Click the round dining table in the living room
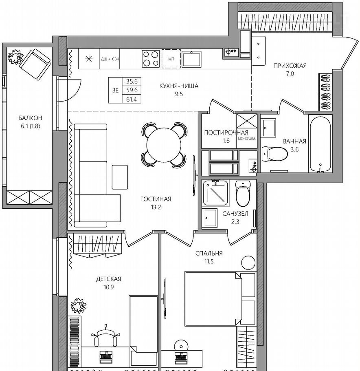pyautogui.click(x=164, y=145)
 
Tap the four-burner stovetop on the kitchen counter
pyautogui.click(x=151, y=59)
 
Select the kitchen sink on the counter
pyautogui.click(x=191, y=59)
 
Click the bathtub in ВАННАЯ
pyautogui.click(x=320, y=144)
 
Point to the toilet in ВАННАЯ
pyautogui.click(x=274, y=154)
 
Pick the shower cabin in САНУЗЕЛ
pyautogui.click(x=215, y=193)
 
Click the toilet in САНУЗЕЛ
pyautogui.click(x=243, y=193)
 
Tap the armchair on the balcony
pyautogui.click(x=35, y=64)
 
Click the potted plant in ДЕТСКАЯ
pyautogui.click(x=79, y=306)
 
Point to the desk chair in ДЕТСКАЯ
pyautogui.click(x=105, y=336)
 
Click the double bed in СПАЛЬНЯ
pyautogui.click(x=220, y=299)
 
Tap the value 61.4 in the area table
pyautogui.click(x=132, y=99)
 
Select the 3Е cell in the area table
pyautogui.click(x=115, y=90)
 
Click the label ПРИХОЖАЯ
pyautogui.click(x=290, y=66)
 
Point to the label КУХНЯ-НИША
pyautogui.click(x=179, y=86)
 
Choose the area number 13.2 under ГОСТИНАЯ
pyautogui.click(x=156, y=207)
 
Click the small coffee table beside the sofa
pyautogui.click(x=120, y=177)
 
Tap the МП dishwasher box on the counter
pyautogui.click(x=171, y=59)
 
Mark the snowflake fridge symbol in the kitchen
pyautogui.click(x=89, y=59)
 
